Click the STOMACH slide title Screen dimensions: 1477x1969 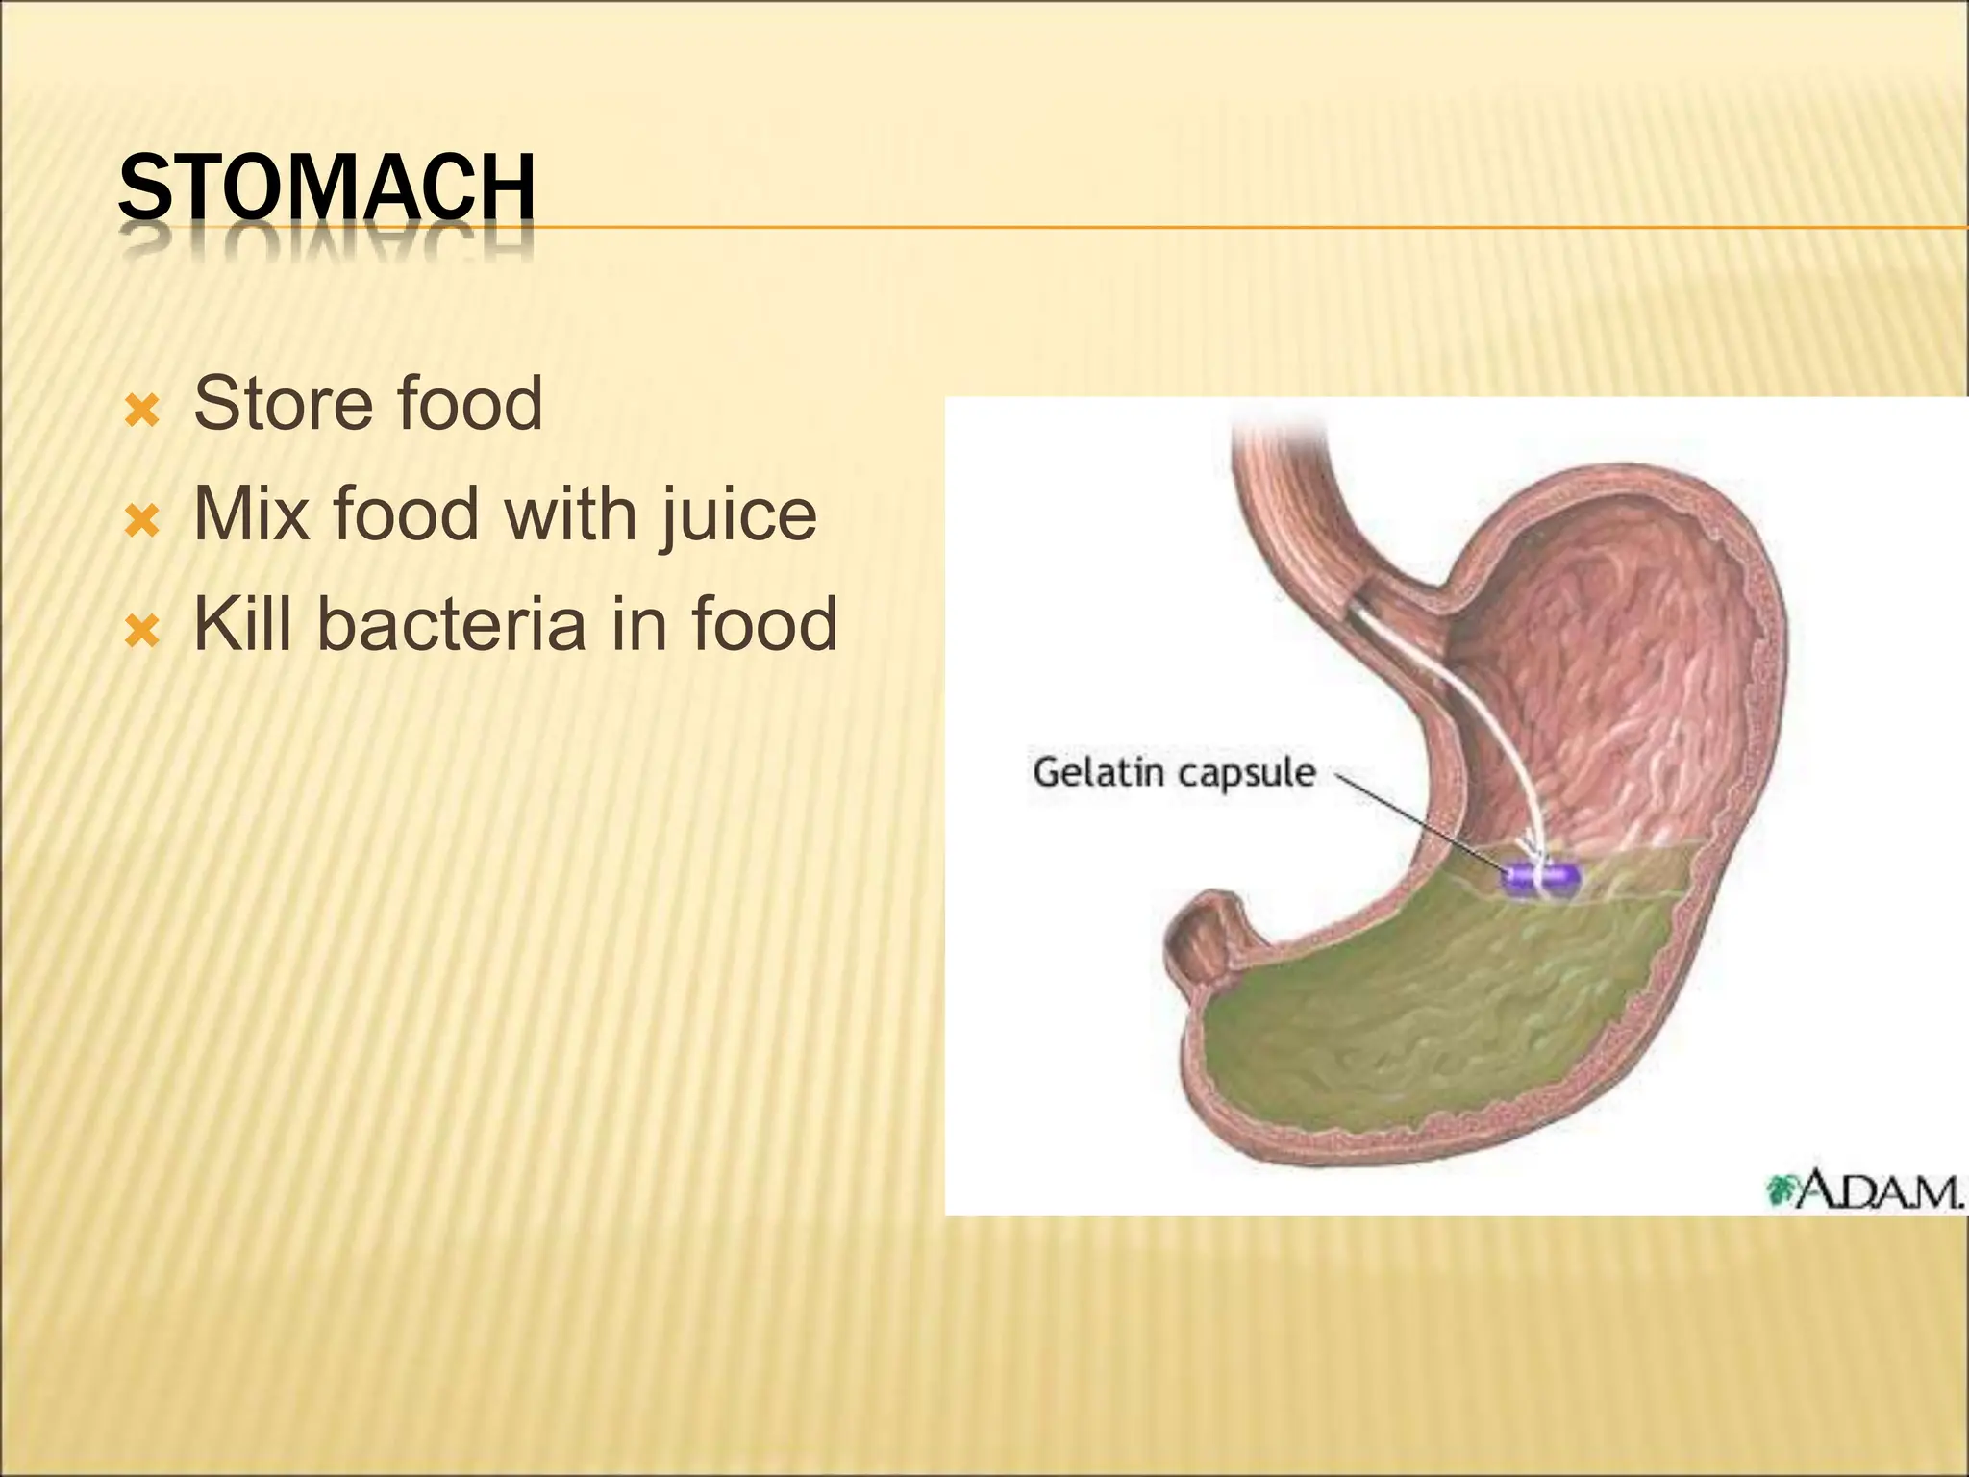326,188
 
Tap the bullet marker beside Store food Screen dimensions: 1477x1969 141,413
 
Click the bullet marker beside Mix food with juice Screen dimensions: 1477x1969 141,522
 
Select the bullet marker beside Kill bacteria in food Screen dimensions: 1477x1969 141,632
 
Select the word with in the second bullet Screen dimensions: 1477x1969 571,514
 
